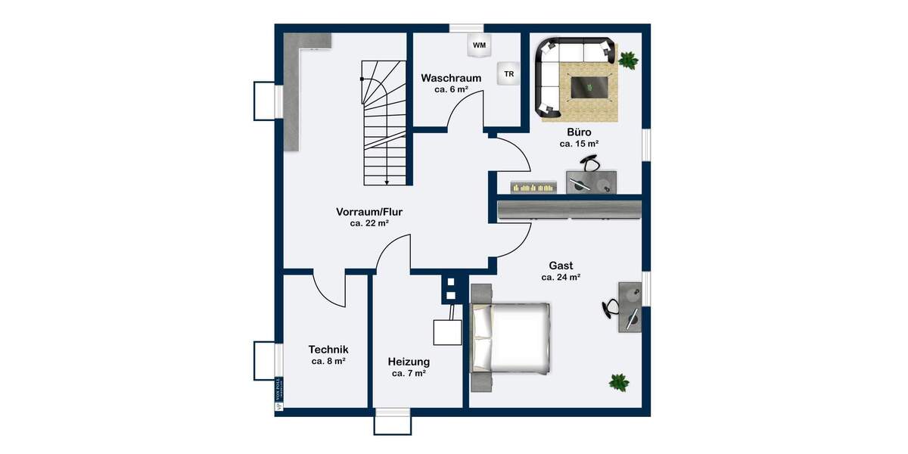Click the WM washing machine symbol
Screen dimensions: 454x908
click(479, 45)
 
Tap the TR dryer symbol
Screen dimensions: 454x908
click(508, 74)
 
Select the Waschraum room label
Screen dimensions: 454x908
click(451, 78)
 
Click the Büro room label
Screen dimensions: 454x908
click(579, 132)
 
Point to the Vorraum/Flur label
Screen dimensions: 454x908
click(369, 212)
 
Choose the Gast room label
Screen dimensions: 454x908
click(561, 266)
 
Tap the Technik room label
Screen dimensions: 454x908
click(328, 350)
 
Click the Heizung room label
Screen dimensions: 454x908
click(409, 362)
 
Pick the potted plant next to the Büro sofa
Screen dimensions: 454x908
click(627, 60)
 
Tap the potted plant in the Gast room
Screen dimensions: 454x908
click(619, 382)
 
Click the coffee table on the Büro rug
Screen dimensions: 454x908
click(591, 86)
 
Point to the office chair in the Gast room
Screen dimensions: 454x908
click(611, 308)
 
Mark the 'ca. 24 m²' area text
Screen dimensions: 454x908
click(561, 278)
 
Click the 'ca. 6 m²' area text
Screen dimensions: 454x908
click(451, 89)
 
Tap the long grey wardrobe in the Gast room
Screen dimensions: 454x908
click(569, 210)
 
